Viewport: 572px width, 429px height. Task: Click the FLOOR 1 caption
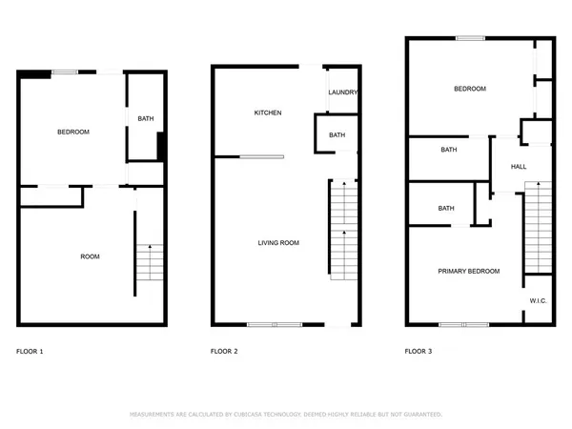(x=30, y=352)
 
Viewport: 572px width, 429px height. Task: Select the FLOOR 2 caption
(x=224, y=352)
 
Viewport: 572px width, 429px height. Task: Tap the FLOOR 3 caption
(x=419, y=352)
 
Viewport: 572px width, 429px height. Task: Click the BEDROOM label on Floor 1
(x=73, y=132)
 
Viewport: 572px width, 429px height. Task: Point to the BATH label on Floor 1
(x=145, y=119)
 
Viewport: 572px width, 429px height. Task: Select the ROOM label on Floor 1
(x=90, y=256)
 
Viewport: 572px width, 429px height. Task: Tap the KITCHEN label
(x=267, y=112)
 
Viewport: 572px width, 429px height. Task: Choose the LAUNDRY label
(x=342, y=92)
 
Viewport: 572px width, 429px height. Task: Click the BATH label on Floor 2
(x=337, y=135)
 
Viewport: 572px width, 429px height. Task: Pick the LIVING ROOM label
(x=278, y=243)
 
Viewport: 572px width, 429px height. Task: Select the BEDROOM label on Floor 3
(x=469, y=89)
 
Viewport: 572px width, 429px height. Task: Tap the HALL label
(x=519, y=166)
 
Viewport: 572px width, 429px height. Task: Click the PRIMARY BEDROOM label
(x=468, y=272)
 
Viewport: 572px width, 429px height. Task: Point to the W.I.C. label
(x=538, y=301)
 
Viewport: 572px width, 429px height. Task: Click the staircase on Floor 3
(x=538, y=229)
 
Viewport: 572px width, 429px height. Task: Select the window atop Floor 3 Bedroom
(x=468, y=38)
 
